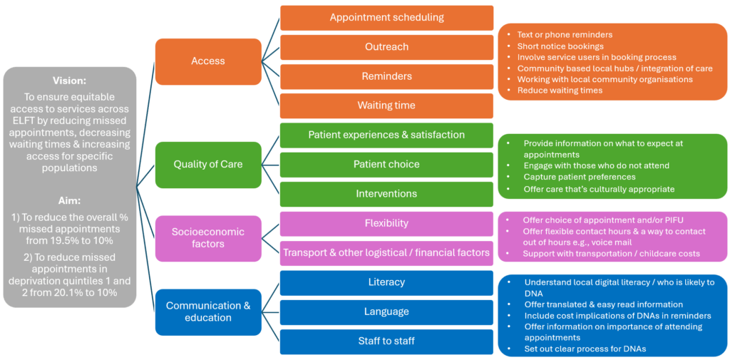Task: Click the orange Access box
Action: (208, 61)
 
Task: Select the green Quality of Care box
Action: (208, 164)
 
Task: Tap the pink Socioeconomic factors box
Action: (208, 238)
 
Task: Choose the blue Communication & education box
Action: (208, 312)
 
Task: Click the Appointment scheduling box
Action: (386, 18)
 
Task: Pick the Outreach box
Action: (386, 47)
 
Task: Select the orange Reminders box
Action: (386, 76)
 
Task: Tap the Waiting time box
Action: (386, 106)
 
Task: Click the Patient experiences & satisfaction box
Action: (386, 135)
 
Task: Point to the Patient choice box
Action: (386, 165)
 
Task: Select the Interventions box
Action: (386, 194)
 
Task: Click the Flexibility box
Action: (386, 223)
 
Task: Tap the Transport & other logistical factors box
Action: (386, 252)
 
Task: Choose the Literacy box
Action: (386, 282)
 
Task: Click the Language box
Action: (386, 312)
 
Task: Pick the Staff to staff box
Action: (386, 341)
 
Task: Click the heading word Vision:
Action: (70, 81)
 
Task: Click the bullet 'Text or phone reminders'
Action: (565, 34)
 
